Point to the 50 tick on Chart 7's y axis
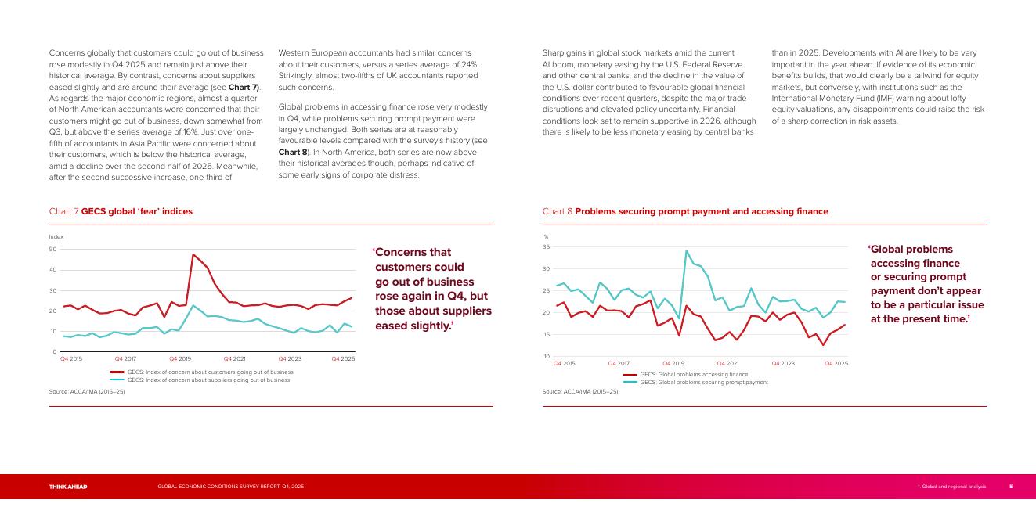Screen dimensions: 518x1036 (x=52, y=250)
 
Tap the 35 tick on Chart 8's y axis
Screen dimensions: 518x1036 (x=546, y=247)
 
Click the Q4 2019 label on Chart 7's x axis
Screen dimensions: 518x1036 (x=180, y=358)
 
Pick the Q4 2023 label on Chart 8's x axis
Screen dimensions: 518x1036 (x=782, y=363)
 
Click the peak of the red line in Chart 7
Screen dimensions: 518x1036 (x=193, y=254)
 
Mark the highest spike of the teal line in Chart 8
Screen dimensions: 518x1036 (x=687, y=251)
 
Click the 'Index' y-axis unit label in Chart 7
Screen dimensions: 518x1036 (x=56, y=236)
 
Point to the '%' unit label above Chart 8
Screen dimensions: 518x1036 (x=546, y=236)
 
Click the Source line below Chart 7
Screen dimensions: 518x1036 (x=87, y=391)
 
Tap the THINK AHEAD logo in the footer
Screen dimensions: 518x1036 (x=68, y=487)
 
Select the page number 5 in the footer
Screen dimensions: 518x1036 (x=1010, y=487)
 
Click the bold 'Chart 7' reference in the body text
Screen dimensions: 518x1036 (x=243, y=87)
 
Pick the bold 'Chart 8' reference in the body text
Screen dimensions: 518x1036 (x=293, y=151)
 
